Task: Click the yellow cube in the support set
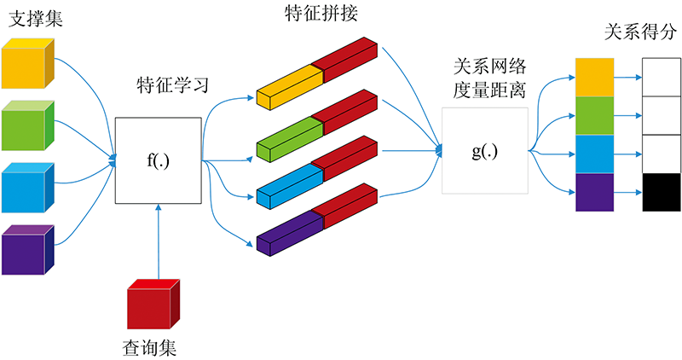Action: [27, 64]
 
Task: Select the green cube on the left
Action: [27, 125]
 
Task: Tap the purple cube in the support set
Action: [27, 250]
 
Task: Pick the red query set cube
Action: [153, 304]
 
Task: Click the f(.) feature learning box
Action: [159, 160]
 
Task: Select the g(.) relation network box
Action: [485, 151]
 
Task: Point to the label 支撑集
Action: [36, 19]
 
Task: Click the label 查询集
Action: [149, 348]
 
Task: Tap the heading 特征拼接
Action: [321, 13]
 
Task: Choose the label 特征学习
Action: [173, 85]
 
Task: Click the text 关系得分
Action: [640, 32]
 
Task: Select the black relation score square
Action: [662, 193]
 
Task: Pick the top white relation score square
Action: [662, 77]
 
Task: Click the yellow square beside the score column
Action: [594, 77]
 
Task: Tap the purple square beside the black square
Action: [594, 193]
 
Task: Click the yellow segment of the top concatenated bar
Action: [290, 87]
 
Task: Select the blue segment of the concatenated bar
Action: [290, 185]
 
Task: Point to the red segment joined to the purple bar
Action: [344, 206]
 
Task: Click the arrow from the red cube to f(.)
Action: [159, 241]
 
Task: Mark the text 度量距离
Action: [489, 90]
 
